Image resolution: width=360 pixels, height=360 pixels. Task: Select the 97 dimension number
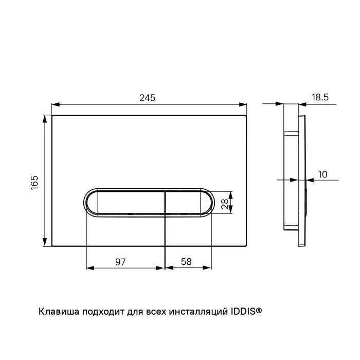pyautogui.click(x=120, y=262)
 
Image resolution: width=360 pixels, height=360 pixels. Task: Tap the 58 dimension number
pyautogui.click(x=186, y=262)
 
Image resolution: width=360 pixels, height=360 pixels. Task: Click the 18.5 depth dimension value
pyautogui.click(x=320, y=97)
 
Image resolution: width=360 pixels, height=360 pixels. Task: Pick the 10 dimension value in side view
pyautogui.click(x=322, y=174)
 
